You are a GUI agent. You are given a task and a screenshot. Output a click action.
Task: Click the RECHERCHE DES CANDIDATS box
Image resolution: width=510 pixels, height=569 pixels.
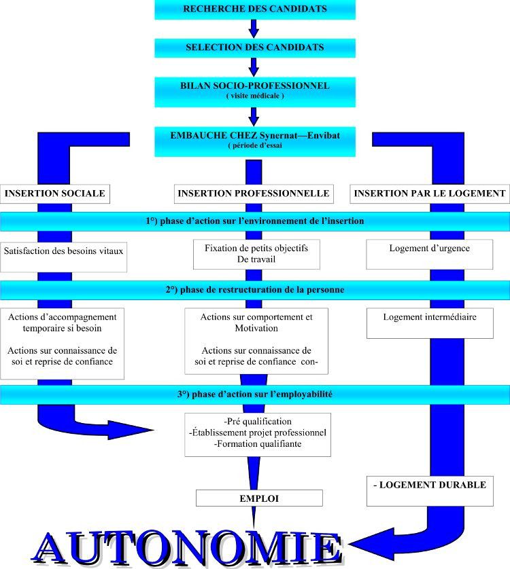(x=255, y=10)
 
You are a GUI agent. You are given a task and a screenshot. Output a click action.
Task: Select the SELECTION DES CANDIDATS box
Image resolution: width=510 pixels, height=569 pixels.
(x=255, y=48)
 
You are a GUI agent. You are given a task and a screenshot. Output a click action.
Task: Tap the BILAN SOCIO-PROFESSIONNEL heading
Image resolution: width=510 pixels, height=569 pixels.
(x=255, y=86)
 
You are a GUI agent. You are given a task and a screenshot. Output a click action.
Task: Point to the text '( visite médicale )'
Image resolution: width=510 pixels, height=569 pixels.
(x=255, y=96)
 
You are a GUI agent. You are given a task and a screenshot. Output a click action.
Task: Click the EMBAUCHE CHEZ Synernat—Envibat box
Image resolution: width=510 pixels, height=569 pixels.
(x=255, y=141)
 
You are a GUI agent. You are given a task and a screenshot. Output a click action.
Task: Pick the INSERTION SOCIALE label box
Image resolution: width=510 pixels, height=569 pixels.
(x=55, y=194)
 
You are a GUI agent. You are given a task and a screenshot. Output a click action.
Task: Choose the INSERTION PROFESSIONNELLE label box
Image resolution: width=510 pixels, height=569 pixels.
(x=254, y=194)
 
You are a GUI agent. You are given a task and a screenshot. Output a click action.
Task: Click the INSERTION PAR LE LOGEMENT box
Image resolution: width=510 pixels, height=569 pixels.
(x=430, y=194)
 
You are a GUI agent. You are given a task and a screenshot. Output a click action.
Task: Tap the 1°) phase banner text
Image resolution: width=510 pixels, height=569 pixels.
(x=255, y=221)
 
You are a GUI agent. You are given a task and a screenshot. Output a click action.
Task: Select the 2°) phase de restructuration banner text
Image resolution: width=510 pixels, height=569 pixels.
(x=255, y=289)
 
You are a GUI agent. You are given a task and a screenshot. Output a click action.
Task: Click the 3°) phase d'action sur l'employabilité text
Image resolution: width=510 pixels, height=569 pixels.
(x=255, y=394)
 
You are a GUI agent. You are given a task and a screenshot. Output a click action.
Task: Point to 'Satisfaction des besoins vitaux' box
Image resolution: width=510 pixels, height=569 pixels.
(x=64, y=257)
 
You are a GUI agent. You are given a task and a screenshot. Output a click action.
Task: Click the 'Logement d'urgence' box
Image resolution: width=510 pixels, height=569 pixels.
(x=429, y=254)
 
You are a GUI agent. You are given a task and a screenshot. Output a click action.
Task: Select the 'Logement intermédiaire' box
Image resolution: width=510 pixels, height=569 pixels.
(x=430, y=323)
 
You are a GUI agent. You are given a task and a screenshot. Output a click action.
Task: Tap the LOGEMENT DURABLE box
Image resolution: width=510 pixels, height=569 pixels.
(x=430, y=491)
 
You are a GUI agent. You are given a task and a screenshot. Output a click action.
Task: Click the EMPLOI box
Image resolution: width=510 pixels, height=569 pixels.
(x=259, y=498)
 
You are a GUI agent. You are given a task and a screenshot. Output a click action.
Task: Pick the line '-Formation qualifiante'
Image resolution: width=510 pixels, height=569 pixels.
(x=258, y=444)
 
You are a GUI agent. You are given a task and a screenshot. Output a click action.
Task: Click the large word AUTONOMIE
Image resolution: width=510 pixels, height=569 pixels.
(x=187, y=548)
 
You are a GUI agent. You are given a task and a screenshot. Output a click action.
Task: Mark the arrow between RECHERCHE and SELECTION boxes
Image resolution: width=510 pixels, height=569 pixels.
(x=254, y=29)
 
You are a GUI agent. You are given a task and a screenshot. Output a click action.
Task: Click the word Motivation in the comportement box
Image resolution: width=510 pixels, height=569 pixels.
(x=256, y=328)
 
